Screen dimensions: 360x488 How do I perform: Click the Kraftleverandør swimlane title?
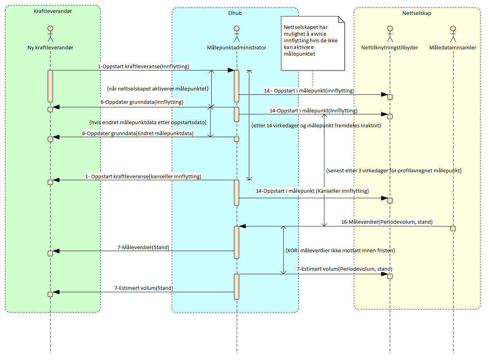53,11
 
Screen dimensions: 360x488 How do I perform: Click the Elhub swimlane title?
235,13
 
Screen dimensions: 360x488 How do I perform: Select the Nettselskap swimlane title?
417,13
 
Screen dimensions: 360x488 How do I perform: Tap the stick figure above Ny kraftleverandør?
50,34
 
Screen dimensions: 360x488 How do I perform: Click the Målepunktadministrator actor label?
236,47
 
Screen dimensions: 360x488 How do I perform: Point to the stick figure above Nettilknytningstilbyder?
389,34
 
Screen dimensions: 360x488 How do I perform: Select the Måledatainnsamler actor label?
452,47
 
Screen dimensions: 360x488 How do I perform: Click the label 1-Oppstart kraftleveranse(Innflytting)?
143,66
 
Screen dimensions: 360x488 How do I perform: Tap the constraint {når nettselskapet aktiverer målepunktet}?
157,89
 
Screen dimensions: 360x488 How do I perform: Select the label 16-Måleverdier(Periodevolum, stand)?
387,222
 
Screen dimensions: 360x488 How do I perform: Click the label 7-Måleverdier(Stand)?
143,247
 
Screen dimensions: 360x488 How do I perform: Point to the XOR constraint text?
340,250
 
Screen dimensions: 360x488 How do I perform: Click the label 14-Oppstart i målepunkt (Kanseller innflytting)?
312,191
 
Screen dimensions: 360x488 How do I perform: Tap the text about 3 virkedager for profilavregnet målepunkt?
393,171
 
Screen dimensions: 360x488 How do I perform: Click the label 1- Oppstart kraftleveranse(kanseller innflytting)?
143,176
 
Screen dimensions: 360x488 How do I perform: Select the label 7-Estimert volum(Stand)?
144,288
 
